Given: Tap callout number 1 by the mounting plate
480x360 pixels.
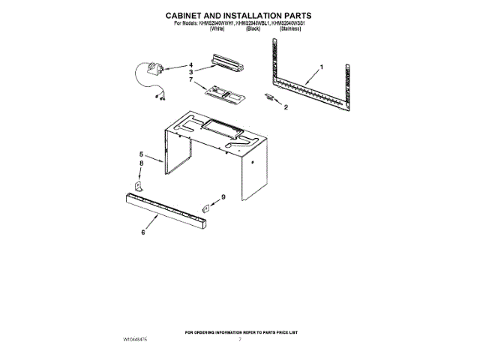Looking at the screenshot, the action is tap(322, 68).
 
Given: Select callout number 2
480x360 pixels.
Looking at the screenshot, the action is tap(285, 107).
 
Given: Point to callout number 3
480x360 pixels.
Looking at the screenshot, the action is tap(190, 72).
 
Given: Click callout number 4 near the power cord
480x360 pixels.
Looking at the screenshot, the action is tap(190, 65).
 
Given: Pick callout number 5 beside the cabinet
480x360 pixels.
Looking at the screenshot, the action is tap(140, 154).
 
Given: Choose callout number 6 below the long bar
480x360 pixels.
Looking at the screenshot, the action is tap(143, 232).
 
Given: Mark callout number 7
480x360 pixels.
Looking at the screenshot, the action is tap(190, 79).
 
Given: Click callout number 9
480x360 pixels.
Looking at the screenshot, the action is tap(222, 197).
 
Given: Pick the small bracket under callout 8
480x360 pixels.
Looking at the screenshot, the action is tap(139, 184).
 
